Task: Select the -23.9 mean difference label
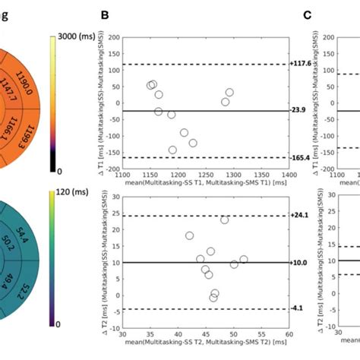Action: pos(298,110)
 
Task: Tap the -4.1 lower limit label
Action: pos(297,309)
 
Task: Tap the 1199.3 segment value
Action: pos(31,137)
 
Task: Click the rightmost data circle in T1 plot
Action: pos(229,93)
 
